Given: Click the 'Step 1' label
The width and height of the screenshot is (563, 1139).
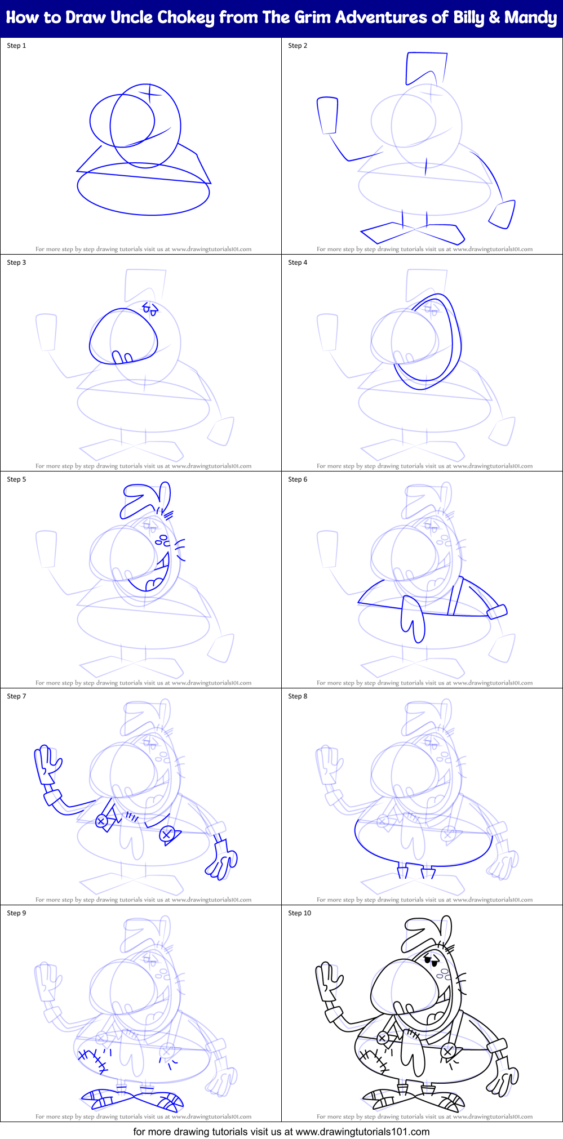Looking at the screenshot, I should (x=16, y=46).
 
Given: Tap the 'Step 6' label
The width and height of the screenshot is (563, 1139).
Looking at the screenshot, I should (x=298, y=479).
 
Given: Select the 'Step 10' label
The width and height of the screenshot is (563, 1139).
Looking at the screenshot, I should (x=299, y=913).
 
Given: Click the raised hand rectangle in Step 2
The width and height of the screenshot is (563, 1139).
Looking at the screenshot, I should (x=327, y=115).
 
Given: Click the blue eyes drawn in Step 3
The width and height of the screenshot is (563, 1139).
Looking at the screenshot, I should (x=150, y=308).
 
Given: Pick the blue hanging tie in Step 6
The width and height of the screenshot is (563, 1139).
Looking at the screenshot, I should (x=412, y=620).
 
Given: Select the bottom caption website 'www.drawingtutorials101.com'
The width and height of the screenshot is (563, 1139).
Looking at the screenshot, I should (x=362, y=1131).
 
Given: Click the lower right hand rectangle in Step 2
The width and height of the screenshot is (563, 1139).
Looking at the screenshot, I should (x=502, y=215).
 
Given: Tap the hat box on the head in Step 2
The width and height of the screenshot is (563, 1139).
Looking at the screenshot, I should (x=425, y=68).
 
